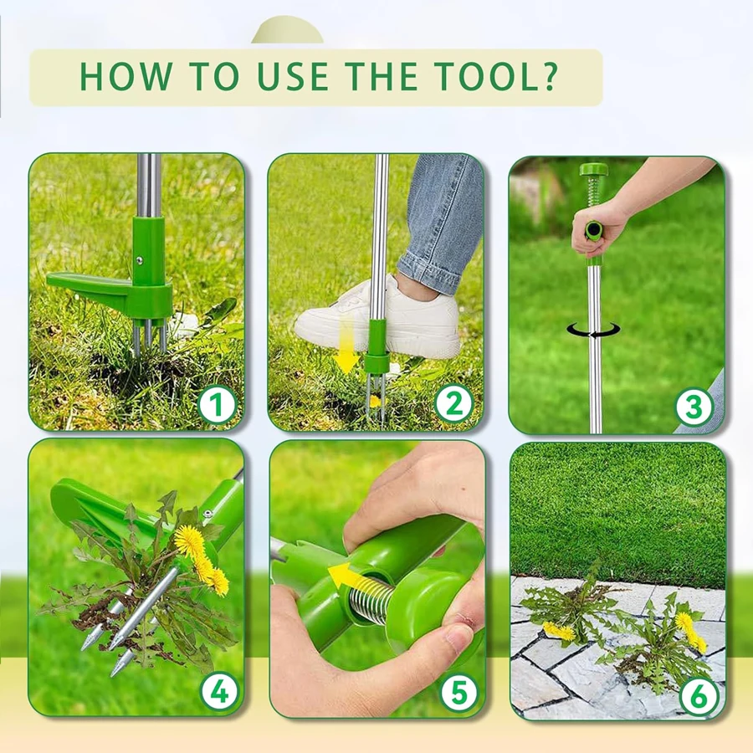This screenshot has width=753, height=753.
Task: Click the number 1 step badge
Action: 218,405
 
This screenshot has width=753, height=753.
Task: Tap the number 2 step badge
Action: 453,404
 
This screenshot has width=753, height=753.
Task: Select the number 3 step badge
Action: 694,407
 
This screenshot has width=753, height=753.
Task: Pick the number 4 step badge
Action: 219,692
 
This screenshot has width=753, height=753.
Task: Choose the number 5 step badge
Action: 459,693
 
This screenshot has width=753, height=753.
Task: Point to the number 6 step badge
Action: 699,695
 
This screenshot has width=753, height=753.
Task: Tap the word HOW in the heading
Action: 125,76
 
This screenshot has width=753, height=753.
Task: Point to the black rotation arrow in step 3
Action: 593,330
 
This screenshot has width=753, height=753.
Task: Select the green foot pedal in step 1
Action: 90,286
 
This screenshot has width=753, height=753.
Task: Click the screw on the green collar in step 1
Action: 139,260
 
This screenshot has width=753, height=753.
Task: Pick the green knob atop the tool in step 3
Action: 593,170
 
